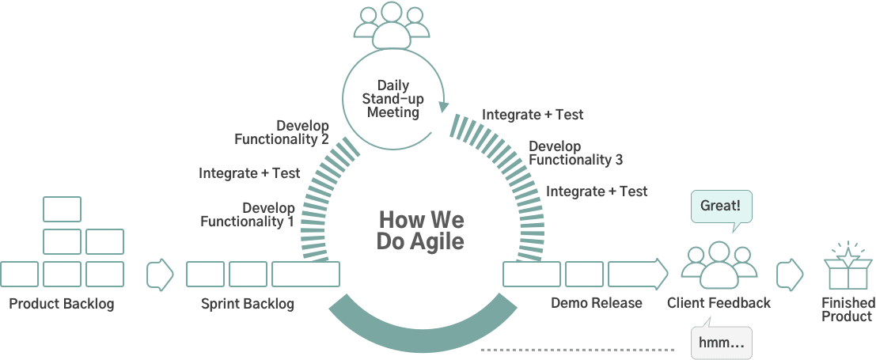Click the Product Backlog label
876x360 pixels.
click(61, 304)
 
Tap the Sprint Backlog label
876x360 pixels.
click(247, 304)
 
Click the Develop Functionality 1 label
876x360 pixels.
click(247, 214)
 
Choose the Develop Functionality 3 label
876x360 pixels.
click(575, 153)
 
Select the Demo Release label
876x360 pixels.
click(596, 303)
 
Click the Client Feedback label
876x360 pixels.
click(719, 303)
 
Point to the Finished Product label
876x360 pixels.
click(848, 309)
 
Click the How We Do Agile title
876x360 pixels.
click(421, 230)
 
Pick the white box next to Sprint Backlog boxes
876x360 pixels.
click(305, 275)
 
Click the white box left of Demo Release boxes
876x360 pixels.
click(531, 275)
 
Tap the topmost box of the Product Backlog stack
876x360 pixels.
click(62, 208)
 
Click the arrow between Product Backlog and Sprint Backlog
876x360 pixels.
click(160, 275)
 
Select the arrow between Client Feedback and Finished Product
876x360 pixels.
click(789, 275)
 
